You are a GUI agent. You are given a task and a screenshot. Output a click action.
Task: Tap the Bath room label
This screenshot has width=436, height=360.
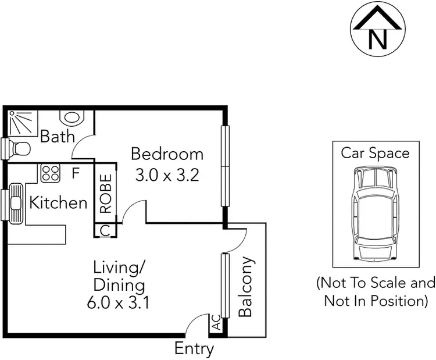coord(58,137)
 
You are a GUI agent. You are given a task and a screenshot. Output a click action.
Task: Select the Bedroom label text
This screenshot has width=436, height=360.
coord(167,154)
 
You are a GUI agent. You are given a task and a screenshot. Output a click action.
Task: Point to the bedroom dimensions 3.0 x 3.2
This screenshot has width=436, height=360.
coord(167,174)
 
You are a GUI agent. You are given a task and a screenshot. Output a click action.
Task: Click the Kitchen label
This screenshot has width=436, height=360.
coord(58,203)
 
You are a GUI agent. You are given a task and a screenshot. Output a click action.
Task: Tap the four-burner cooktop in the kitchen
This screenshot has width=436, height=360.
coord(50,173)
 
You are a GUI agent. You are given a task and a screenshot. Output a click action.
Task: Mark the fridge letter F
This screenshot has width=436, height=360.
coord(76,173)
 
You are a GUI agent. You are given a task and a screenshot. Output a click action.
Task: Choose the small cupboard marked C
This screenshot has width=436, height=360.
coord(105,230)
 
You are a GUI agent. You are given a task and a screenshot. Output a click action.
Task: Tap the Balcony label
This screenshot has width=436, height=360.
coord(246,287)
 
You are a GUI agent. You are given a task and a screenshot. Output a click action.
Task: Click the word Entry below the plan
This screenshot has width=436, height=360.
coord(194,349)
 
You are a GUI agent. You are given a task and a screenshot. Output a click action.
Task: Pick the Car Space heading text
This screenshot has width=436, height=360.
coord(375,153)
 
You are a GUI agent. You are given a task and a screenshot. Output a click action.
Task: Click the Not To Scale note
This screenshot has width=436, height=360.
coord(376,292)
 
